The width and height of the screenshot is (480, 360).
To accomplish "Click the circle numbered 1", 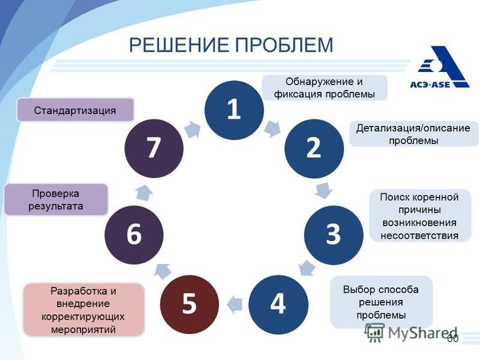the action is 234,110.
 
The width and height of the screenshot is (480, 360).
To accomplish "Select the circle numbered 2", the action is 314,148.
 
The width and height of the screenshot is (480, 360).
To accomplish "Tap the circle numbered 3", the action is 334,235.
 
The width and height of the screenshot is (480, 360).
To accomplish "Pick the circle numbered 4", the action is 278,304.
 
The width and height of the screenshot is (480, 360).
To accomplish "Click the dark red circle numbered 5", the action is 190,304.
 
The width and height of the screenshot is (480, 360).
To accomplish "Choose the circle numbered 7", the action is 154,148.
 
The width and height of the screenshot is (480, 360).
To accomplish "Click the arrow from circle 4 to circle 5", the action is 234,304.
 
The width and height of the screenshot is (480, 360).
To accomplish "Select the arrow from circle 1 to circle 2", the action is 272,128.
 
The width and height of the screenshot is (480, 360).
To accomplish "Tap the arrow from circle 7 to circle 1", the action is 193,129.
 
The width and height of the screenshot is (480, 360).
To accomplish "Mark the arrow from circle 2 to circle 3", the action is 324,191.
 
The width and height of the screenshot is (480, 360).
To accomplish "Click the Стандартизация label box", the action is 76,110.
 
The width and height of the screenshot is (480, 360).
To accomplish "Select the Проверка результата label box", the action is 56,200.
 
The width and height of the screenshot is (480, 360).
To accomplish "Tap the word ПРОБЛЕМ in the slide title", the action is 284,44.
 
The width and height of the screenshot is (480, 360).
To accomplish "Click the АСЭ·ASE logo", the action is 439,67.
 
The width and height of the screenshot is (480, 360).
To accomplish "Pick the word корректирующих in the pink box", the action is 83,317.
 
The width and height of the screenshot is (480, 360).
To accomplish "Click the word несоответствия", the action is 419,236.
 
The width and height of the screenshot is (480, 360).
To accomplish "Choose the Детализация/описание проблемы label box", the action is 413,134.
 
